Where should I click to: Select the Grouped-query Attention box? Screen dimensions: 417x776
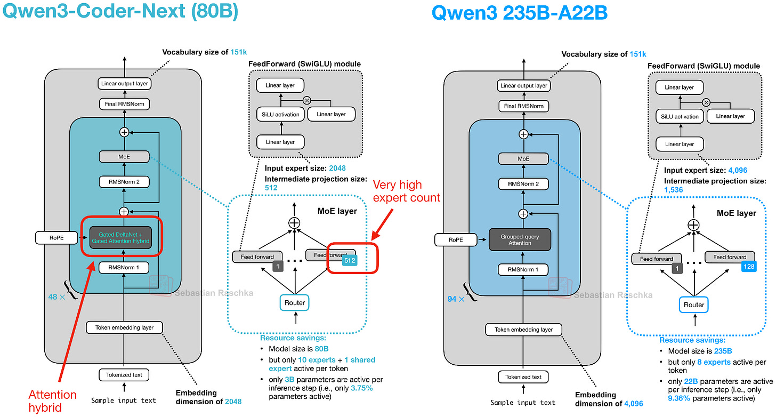click(520, 239)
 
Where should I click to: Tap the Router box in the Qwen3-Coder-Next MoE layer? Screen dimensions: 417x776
click(294, 302)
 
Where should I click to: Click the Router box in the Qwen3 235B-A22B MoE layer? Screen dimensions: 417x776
click(693, 304)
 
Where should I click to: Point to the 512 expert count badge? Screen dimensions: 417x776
click(349, 261)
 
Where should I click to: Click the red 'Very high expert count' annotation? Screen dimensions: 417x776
click(406, 191)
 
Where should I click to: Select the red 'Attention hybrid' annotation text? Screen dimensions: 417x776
click(52, 401)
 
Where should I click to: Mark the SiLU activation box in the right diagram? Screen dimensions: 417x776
click(679, 116)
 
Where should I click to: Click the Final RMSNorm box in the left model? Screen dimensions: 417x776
click(124, 104)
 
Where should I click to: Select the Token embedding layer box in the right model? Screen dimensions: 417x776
click(523, 330)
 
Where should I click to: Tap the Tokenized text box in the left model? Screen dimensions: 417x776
click(124, 375)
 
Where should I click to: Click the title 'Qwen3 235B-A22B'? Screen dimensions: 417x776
click(519, 13)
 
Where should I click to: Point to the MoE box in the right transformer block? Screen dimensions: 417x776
click(523, 158)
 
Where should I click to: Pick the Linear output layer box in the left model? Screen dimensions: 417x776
click(124, 84)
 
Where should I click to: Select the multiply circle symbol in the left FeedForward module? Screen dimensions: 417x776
click(307, 100)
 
